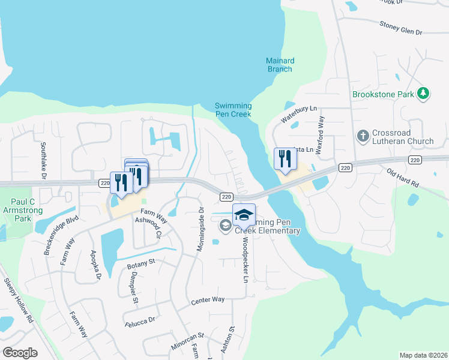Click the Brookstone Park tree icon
[x=424, y=93]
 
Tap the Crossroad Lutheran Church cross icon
[x=363, y=136]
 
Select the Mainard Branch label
[x=279, y=65]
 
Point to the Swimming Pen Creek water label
[x=233, y=110]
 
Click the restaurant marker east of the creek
[x=285, y=160]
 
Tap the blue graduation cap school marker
[x=244, y=215]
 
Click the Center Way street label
[x=208, y=299]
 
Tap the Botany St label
[x=140, y=262]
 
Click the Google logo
[x=20, y=353]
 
